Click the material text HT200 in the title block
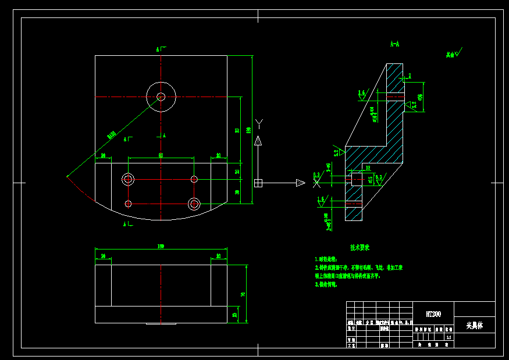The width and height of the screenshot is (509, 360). click(433, 314)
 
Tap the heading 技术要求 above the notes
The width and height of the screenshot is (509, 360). click(359, 247)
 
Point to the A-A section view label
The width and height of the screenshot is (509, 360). click(394, 44)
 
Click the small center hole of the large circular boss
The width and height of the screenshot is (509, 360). click(161, 97)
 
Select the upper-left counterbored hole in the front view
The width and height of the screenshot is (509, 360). click(128, 179)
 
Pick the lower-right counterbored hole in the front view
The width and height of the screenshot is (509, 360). click(194, 204)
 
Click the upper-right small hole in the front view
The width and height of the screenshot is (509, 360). click(194, 179)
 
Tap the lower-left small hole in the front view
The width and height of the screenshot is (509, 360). click(128, 204)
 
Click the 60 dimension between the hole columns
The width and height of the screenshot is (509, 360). click(161, 155)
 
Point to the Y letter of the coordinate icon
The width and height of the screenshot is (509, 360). click(259, 123)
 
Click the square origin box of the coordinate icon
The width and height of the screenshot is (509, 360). click(258, 183)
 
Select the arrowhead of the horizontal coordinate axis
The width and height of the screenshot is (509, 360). click(300, 183)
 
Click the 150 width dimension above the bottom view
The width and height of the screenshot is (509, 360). click(161, 247)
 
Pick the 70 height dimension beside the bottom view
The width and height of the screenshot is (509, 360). click(243, 294)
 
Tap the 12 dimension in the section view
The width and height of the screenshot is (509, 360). click(368, 167)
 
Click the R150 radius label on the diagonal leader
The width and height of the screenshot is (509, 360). click(111, 136)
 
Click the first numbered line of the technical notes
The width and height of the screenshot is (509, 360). click(326, 259)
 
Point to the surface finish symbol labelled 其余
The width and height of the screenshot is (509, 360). click(454, 54)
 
